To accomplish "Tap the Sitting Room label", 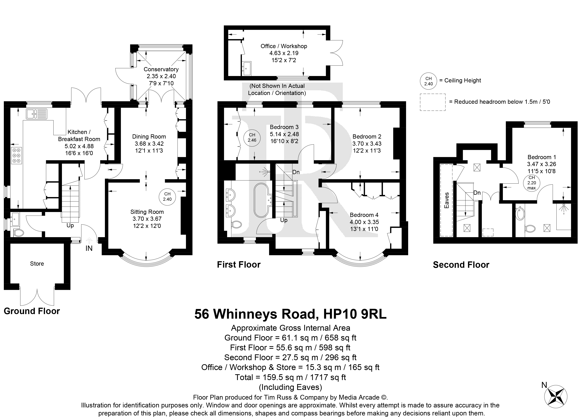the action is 147,212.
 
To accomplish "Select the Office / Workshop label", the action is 284,46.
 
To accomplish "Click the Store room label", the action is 37,264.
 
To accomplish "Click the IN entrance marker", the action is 89,248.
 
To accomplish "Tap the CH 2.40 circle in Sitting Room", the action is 167,197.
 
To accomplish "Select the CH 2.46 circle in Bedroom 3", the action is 252,138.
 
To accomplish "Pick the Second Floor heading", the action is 461,265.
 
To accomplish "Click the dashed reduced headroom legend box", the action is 433,102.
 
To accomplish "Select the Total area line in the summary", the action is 290,377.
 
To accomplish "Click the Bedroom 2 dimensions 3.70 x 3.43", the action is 367,144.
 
